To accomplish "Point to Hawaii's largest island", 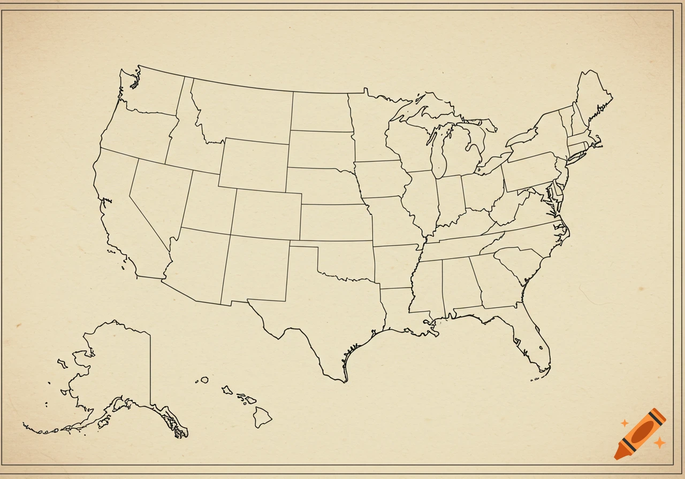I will (262, 417).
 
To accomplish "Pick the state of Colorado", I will (266, 214).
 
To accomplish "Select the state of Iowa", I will (381, 179).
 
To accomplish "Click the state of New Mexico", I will (255, 270).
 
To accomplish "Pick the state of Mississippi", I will (428, 286).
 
